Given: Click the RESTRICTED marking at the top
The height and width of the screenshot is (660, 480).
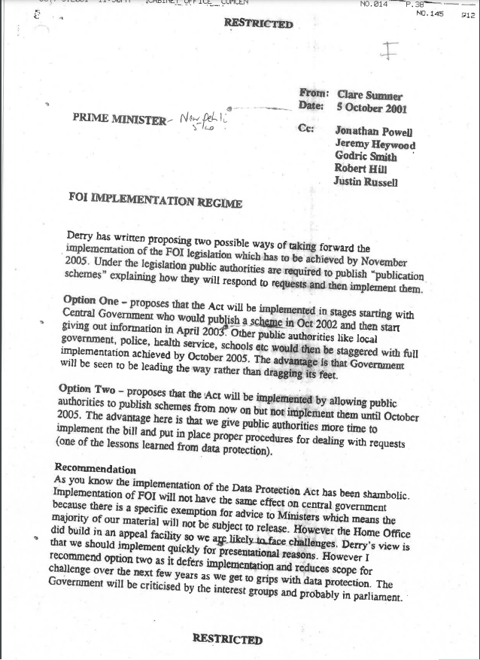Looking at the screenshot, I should point(257,23).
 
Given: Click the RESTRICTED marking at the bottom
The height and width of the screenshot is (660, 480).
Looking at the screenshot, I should point(227,639).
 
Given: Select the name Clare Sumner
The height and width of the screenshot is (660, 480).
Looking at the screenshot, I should point(370,96).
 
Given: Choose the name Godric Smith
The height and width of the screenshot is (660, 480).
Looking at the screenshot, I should point(366,157).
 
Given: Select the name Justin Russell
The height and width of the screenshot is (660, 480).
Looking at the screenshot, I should point(367,181).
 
